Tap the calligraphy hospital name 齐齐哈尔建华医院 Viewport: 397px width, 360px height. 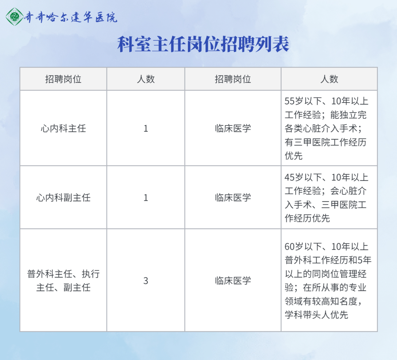[71, 17]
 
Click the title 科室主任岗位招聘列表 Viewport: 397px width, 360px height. [203, 44]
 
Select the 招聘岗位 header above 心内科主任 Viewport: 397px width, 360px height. [63, 79]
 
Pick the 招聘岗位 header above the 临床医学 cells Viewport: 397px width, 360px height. [233, 79]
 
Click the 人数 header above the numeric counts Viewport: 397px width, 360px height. [146, 79]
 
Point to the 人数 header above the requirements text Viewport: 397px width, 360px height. [329, 79]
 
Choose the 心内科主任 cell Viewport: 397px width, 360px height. [63, 128]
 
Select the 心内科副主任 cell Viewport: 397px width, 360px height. [63, 197]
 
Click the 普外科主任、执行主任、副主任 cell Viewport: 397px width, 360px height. [63, 281]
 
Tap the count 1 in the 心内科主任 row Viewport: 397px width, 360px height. [146, 128]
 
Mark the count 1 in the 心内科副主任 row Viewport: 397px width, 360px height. [146, 197]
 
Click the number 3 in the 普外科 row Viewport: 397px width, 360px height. [146, 281]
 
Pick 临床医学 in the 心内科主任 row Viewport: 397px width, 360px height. [233, 128]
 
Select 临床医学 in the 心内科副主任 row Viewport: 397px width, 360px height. [233, 197]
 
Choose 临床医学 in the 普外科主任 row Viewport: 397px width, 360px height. [233, 281]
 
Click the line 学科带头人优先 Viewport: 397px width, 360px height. [316, 315]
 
